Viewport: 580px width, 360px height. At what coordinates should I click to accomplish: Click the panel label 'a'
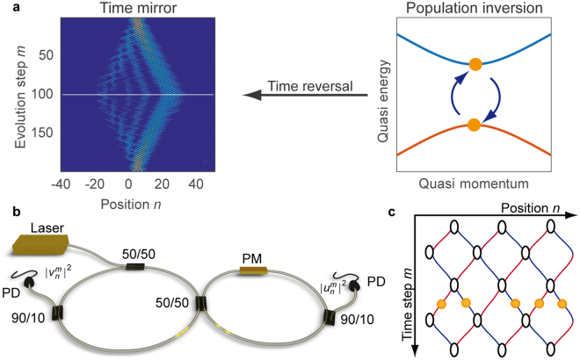(x=7, y=9)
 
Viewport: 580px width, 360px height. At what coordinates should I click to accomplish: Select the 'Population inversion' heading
(x=473, y=9)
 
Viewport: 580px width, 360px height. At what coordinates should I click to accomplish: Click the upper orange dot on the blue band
(x=475, y=64)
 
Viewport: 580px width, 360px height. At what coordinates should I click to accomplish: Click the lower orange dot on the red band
(x=475, y=126)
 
